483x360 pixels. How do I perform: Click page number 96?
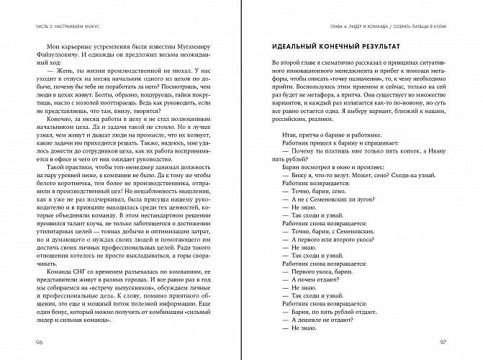tap(30, 341)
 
